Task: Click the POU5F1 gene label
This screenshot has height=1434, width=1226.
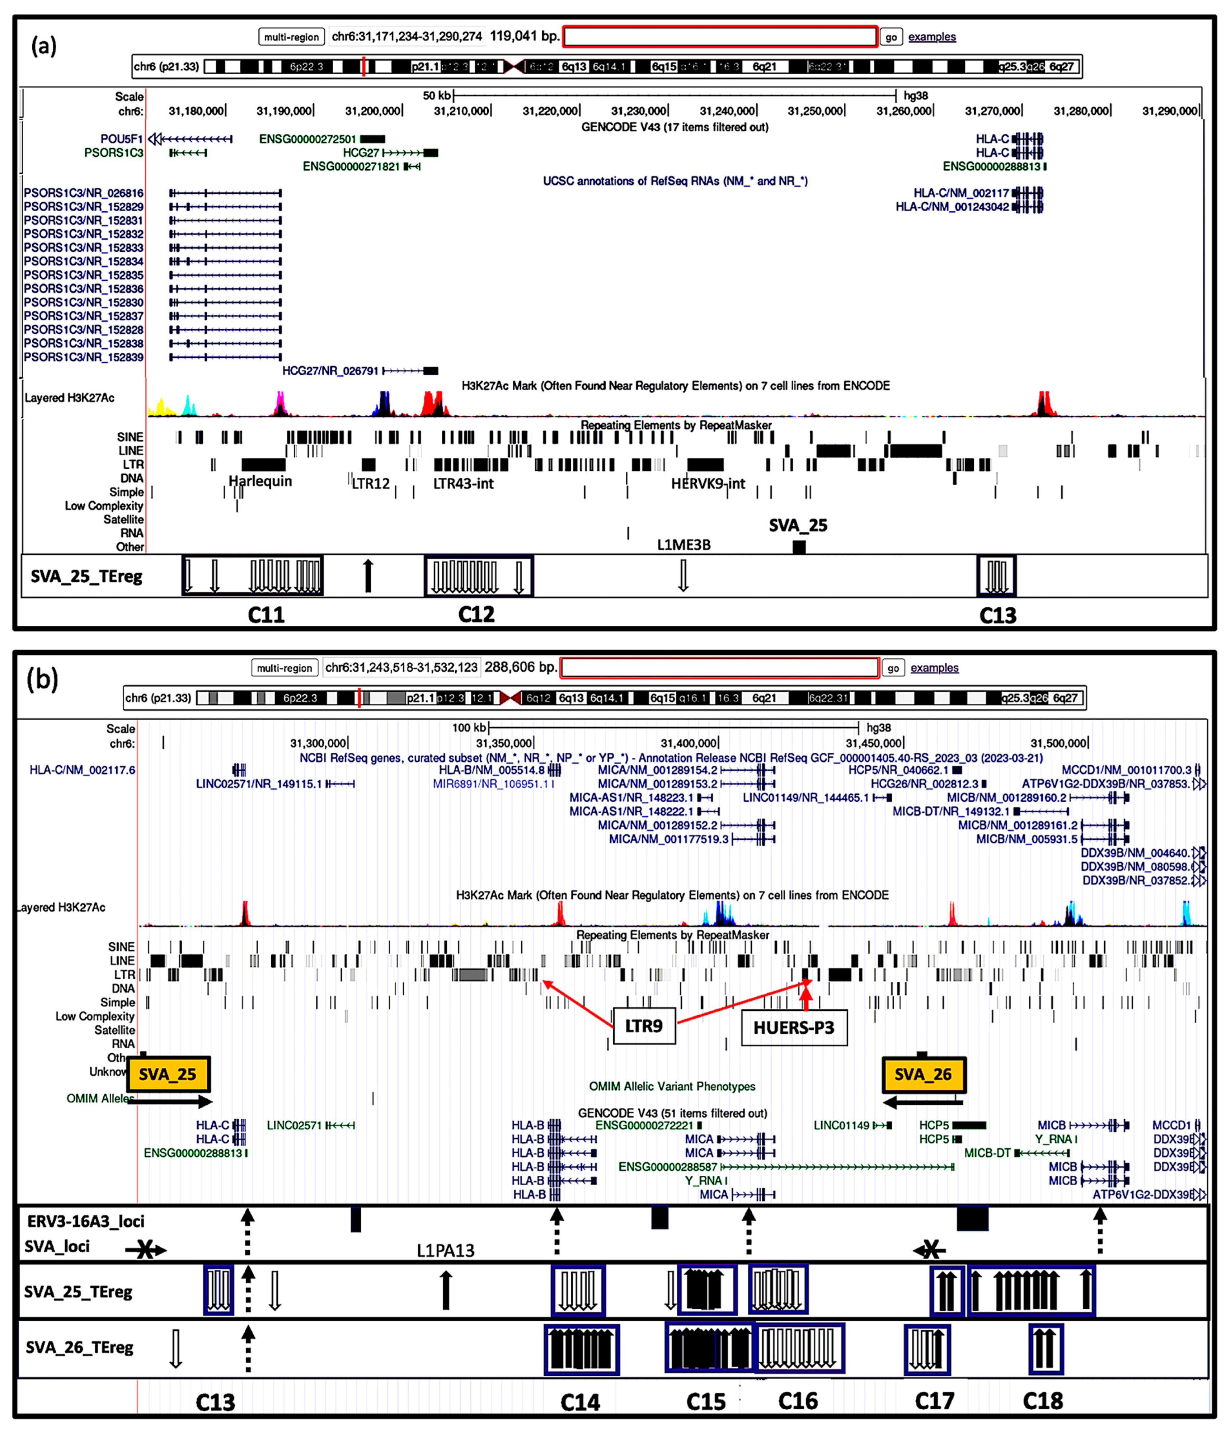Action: pyautogui.click(x=121, y=139)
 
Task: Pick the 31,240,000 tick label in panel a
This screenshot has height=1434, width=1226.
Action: pyautogui.click(x=727, y=111)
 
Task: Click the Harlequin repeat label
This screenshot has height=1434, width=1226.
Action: pyautogui.click(x=260, y=481)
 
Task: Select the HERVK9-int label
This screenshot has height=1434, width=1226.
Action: pyautogui.click(x=708, y=484)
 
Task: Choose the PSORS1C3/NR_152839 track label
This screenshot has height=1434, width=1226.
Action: pyautogui.click(x=84, y=357)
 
